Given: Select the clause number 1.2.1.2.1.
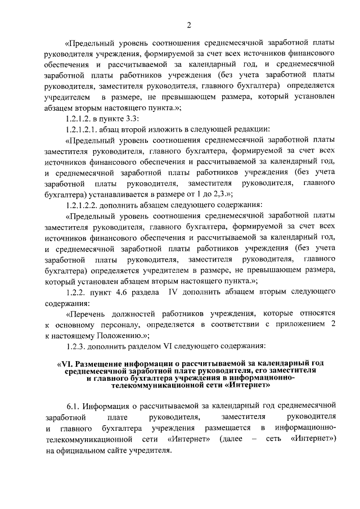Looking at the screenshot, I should click(x=85, y=128).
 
